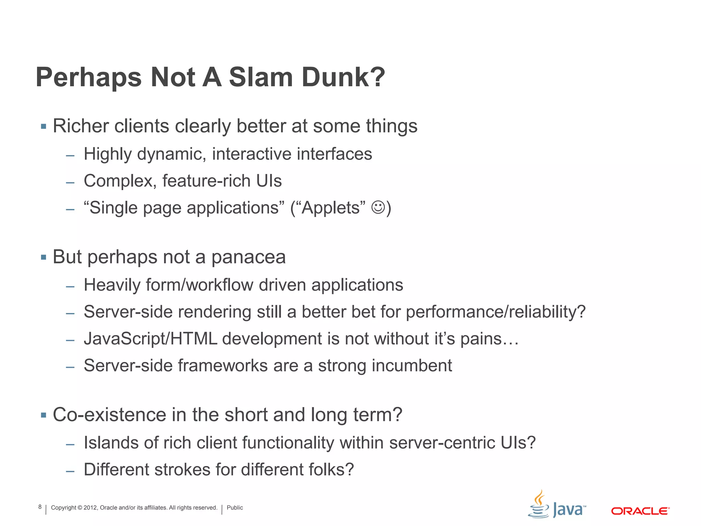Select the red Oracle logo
pyautogui.click(x=640, y=511)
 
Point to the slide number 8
pyautogui.click(x=40, y=507)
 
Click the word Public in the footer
pyautogui.click(x=235, y=508)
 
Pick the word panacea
pyautogui.click(x=248, y=257)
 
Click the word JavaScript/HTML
pyautogui.click(x=150, y=339)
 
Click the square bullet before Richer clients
pyautogui.click(x=43, y=126)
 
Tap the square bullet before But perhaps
pyautogui.click(x=43, y=257)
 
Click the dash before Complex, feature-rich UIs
pyautogui.click(x=70, y=183)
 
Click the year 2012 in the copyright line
pyautogui.click(x=90, y=508)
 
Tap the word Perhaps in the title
pyautogui.click(x=88, y=77)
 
